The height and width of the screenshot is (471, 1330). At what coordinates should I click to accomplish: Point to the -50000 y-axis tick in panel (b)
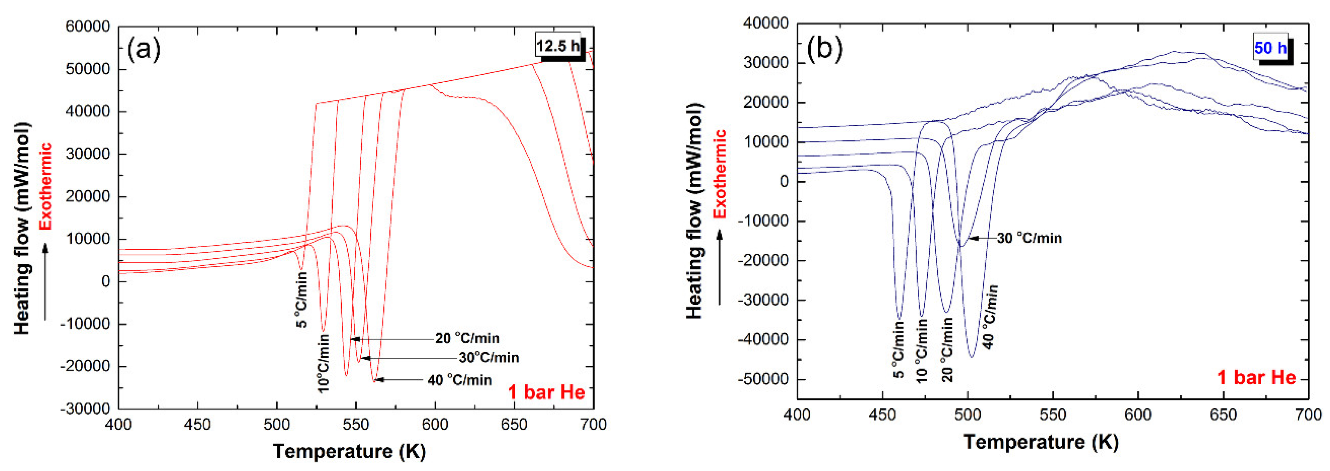pyautogui.click(x=763, y=379)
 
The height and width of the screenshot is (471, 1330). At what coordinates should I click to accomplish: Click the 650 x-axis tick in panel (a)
pyautogui.click(x=514, y=424)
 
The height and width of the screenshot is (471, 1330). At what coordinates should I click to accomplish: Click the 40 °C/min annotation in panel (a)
pyautogui.click(x=460, y=380)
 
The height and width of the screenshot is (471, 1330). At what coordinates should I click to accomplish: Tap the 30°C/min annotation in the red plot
pyautogui.click(x=489, y=358)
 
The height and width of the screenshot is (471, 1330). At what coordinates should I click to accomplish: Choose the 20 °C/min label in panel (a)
pyautogui.click(x=467, y=338)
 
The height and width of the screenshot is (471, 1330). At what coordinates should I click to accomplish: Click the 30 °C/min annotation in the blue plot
pyautogui.click(x=1029, y=238)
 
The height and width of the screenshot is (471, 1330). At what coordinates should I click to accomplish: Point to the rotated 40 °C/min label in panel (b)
pyautogui.click(x=990, y=317)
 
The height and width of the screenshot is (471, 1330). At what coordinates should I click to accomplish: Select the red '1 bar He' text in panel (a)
pyautogui.click(x=546, y=392)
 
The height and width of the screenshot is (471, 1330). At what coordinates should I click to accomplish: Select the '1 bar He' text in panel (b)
pyautogui.click(x=1257, y=378)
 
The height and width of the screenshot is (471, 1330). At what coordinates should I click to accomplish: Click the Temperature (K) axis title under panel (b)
pyautogui.click(x=1041, y=442)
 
